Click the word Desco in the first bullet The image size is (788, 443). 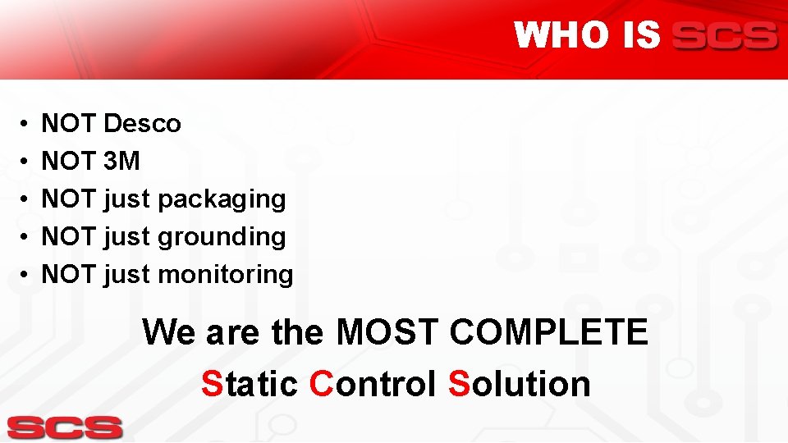[x=142, y=124]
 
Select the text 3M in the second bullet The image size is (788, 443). [x=122, y=162]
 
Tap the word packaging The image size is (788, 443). [x=222, y=199]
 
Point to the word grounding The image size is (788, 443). [x=222, y=237]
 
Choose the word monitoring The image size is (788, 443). [x=225, y=274]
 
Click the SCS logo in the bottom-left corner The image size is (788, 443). [x=65, y=427]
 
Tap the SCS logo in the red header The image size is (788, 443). [x=724, y=36]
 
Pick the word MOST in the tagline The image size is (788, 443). [x=387, y=333]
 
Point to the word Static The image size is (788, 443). [x=250, y=383]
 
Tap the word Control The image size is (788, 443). [x=373, y=383]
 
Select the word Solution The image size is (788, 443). [x=519, y=383]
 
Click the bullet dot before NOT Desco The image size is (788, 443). [x=26, y=125]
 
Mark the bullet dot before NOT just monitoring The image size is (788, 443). [x=26, y=275]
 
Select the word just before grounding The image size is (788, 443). [x=127, y=237]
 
